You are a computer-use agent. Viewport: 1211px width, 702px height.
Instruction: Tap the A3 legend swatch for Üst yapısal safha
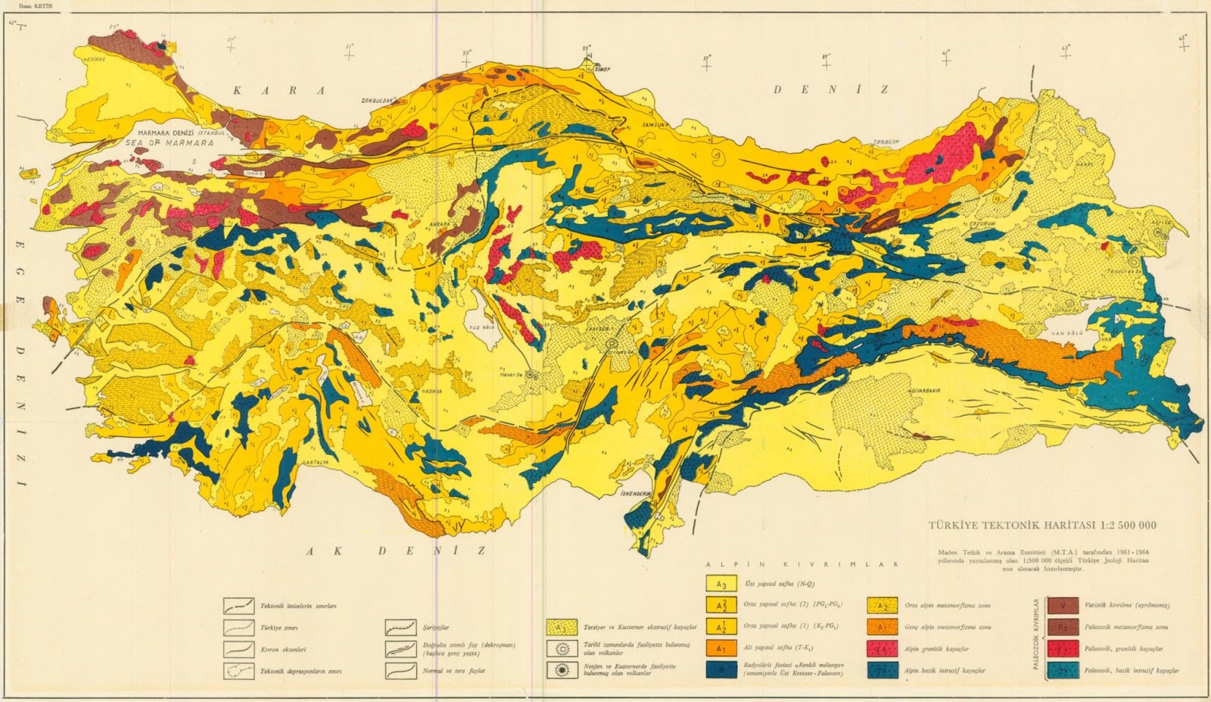721,584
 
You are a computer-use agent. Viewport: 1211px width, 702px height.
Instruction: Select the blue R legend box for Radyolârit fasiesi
721,669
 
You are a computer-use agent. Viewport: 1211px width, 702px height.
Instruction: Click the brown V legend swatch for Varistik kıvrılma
1063,605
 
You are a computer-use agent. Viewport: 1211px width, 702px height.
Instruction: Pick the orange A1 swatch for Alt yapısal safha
721,648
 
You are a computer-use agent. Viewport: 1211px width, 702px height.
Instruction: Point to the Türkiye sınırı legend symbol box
238,628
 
